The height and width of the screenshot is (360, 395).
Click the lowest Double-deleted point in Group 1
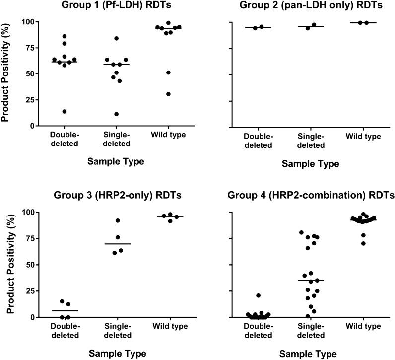pos(65,111)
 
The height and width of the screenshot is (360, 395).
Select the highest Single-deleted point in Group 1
pos(116,38)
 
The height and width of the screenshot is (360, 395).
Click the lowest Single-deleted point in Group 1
pos(116,114)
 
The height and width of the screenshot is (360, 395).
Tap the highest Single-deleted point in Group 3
pos(118,220)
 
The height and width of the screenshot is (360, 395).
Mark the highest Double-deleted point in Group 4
pos(259,295)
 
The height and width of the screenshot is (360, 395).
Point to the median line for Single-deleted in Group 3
pos(118,244)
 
